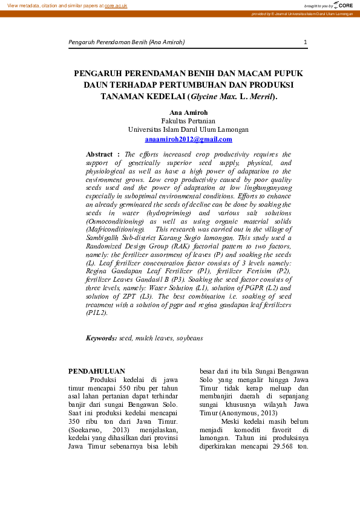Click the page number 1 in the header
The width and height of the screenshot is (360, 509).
pos(306,42)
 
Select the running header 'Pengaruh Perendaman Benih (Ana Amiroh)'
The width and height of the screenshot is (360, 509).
pos(126,42)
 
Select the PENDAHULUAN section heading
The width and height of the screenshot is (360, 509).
pos(97,371)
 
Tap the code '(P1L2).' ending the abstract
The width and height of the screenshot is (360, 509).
pos(97,313)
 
